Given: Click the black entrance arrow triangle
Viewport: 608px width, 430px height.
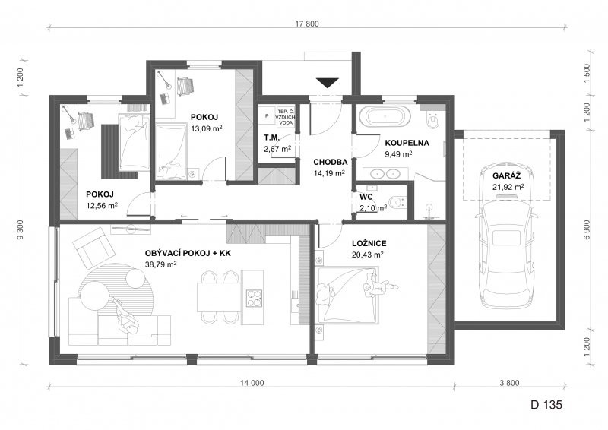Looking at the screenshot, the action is coord(328,83).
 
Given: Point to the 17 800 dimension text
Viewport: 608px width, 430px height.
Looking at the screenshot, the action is coord(307,24).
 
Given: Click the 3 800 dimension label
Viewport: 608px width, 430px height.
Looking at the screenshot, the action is coord(509,383).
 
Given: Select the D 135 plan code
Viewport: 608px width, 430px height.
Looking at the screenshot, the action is coord(546,405).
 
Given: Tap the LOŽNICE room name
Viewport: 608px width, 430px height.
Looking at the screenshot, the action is coord(369,244).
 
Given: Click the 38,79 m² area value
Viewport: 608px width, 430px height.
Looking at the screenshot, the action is coord(161,264).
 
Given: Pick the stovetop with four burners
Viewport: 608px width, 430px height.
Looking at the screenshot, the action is coord(254,298).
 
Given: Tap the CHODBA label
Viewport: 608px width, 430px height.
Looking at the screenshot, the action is coord(331,162).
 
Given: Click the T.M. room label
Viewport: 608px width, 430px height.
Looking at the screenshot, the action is coord(271,138).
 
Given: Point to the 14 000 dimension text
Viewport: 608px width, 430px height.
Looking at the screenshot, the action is coord(252,383).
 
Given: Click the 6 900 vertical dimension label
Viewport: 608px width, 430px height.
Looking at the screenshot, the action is coord(587,229).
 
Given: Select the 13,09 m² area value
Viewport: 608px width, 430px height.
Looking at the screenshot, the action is coord(206,128).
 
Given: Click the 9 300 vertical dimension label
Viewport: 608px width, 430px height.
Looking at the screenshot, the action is coord(21,229).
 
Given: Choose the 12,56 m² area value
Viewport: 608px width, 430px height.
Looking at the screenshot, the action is coord(102,205).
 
